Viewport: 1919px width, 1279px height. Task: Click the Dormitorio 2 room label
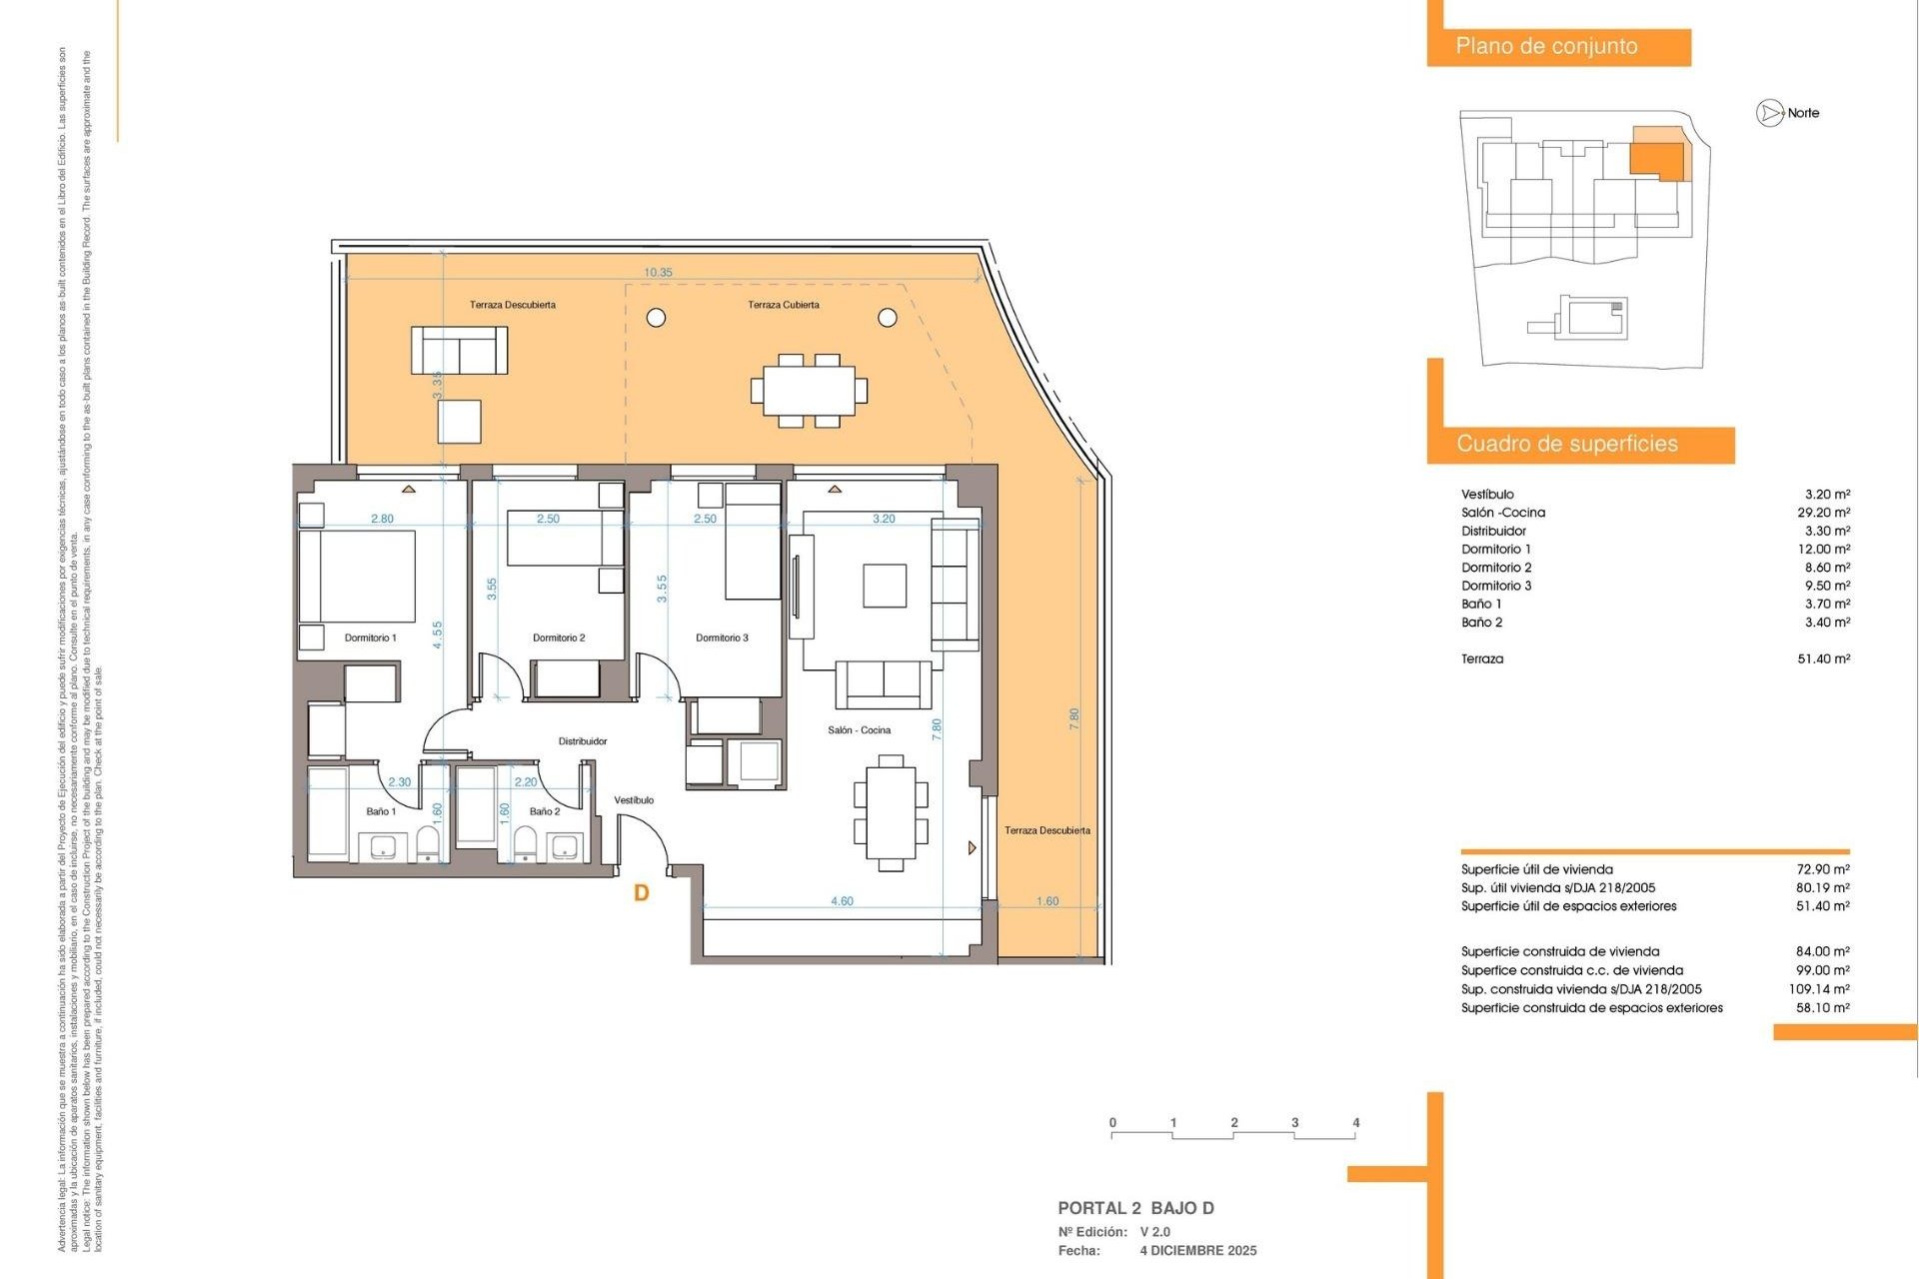[x=559, y=638]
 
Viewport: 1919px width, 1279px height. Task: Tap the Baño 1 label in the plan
[x=380, y=811]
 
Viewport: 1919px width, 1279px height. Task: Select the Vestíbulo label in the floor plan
[x=634, y=800]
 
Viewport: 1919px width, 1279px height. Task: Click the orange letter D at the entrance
[x=642, y=893]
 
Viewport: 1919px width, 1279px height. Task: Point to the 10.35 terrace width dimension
[x=658, y=273]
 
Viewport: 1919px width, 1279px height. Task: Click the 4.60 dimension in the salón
[x=842, y=901]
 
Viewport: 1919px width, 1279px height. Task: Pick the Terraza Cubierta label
[x=784, y=305]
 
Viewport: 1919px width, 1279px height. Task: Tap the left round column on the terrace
[x=657, y=318]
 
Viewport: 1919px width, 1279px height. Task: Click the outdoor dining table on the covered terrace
[x=809, y=391]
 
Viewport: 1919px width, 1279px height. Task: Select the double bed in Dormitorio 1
[x=357, y=577]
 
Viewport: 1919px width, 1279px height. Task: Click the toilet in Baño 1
[x=428, y=845]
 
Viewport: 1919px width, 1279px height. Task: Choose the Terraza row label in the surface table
[x=1481, y=659]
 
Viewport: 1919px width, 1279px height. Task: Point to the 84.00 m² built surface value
[x=1823, y=952]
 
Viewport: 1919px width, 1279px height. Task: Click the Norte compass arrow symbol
[x=1770, y=114]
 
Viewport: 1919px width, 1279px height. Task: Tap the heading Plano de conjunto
[x=1546, y=47]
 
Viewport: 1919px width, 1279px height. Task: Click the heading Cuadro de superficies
[x=1566, y=445]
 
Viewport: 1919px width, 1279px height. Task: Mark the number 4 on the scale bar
[x=1356, y=1123]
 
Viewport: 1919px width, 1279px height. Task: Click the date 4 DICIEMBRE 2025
[x=1198, y=1251]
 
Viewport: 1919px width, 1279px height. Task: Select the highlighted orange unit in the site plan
[x=1656, y=160]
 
